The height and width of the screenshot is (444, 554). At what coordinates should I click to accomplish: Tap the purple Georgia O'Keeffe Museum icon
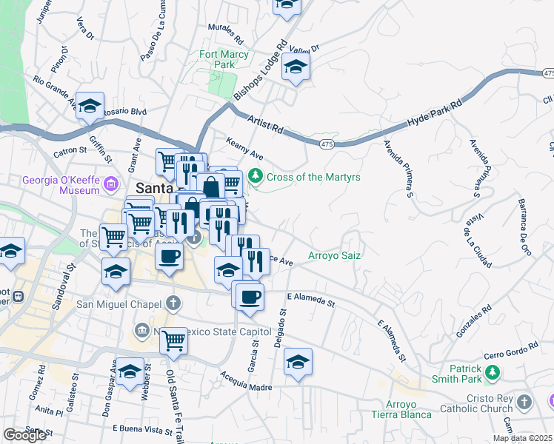[x=111, y=183]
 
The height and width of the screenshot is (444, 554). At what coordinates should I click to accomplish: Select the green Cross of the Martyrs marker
[x=256, y=176]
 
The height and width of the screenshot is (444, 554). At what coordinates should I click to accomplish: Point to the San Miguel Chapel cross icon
[x=173, y=303]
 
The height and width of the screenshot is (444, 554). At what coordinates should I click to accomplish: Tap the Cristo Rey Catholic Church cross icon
[x=524, y=403]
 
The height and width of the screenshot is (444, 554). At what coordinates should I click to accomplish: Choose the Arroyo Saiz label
[x=334, y=255]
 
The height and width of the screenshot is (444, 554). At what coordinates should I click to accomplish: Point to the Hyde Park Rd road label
[x=435, y=115]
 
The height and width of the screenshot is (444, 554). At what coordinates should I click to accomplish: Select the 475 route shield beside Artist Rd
[x=326, y=142]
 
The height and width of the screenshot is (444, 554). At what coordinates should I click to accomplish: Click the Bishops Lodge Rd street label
[x=260, y=71]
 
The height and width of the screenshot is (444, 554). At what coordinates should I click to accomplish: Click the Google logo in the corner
[x=24, y=435]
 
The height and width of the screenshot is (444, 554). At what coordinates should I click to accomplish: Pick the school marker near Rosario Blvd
[x=90, y=107]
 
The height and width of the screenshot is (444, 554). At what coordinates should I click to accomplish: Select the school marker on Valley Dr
[x=296, y=67]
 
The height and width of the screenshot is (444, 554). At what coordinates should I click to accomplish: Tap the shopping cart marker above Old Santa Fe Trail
[x=173, y=341]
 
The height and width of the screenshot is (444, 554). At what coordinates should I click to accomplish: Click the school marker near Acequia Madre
[x=298, y=362]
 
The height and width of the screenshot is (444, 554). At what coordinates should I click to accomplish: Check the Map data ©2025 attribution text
[x=523, y=437]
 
